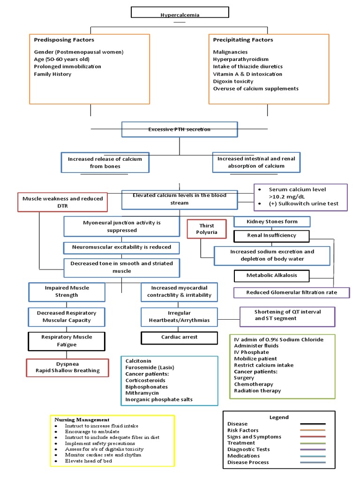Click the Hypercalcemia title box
pos(180,13)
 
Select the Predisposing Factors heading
pos(64,40)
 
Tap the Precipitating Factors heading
pos(243,40)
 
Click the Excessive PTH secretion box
pos(179,129)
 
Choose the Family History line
pos(52,74)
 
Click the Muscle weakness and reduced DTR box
pos(62,202)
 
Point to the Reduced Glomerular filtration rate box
pos(291,293)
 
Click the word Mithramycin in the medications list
pos(142,393)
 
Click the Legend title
pos(279,417)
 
